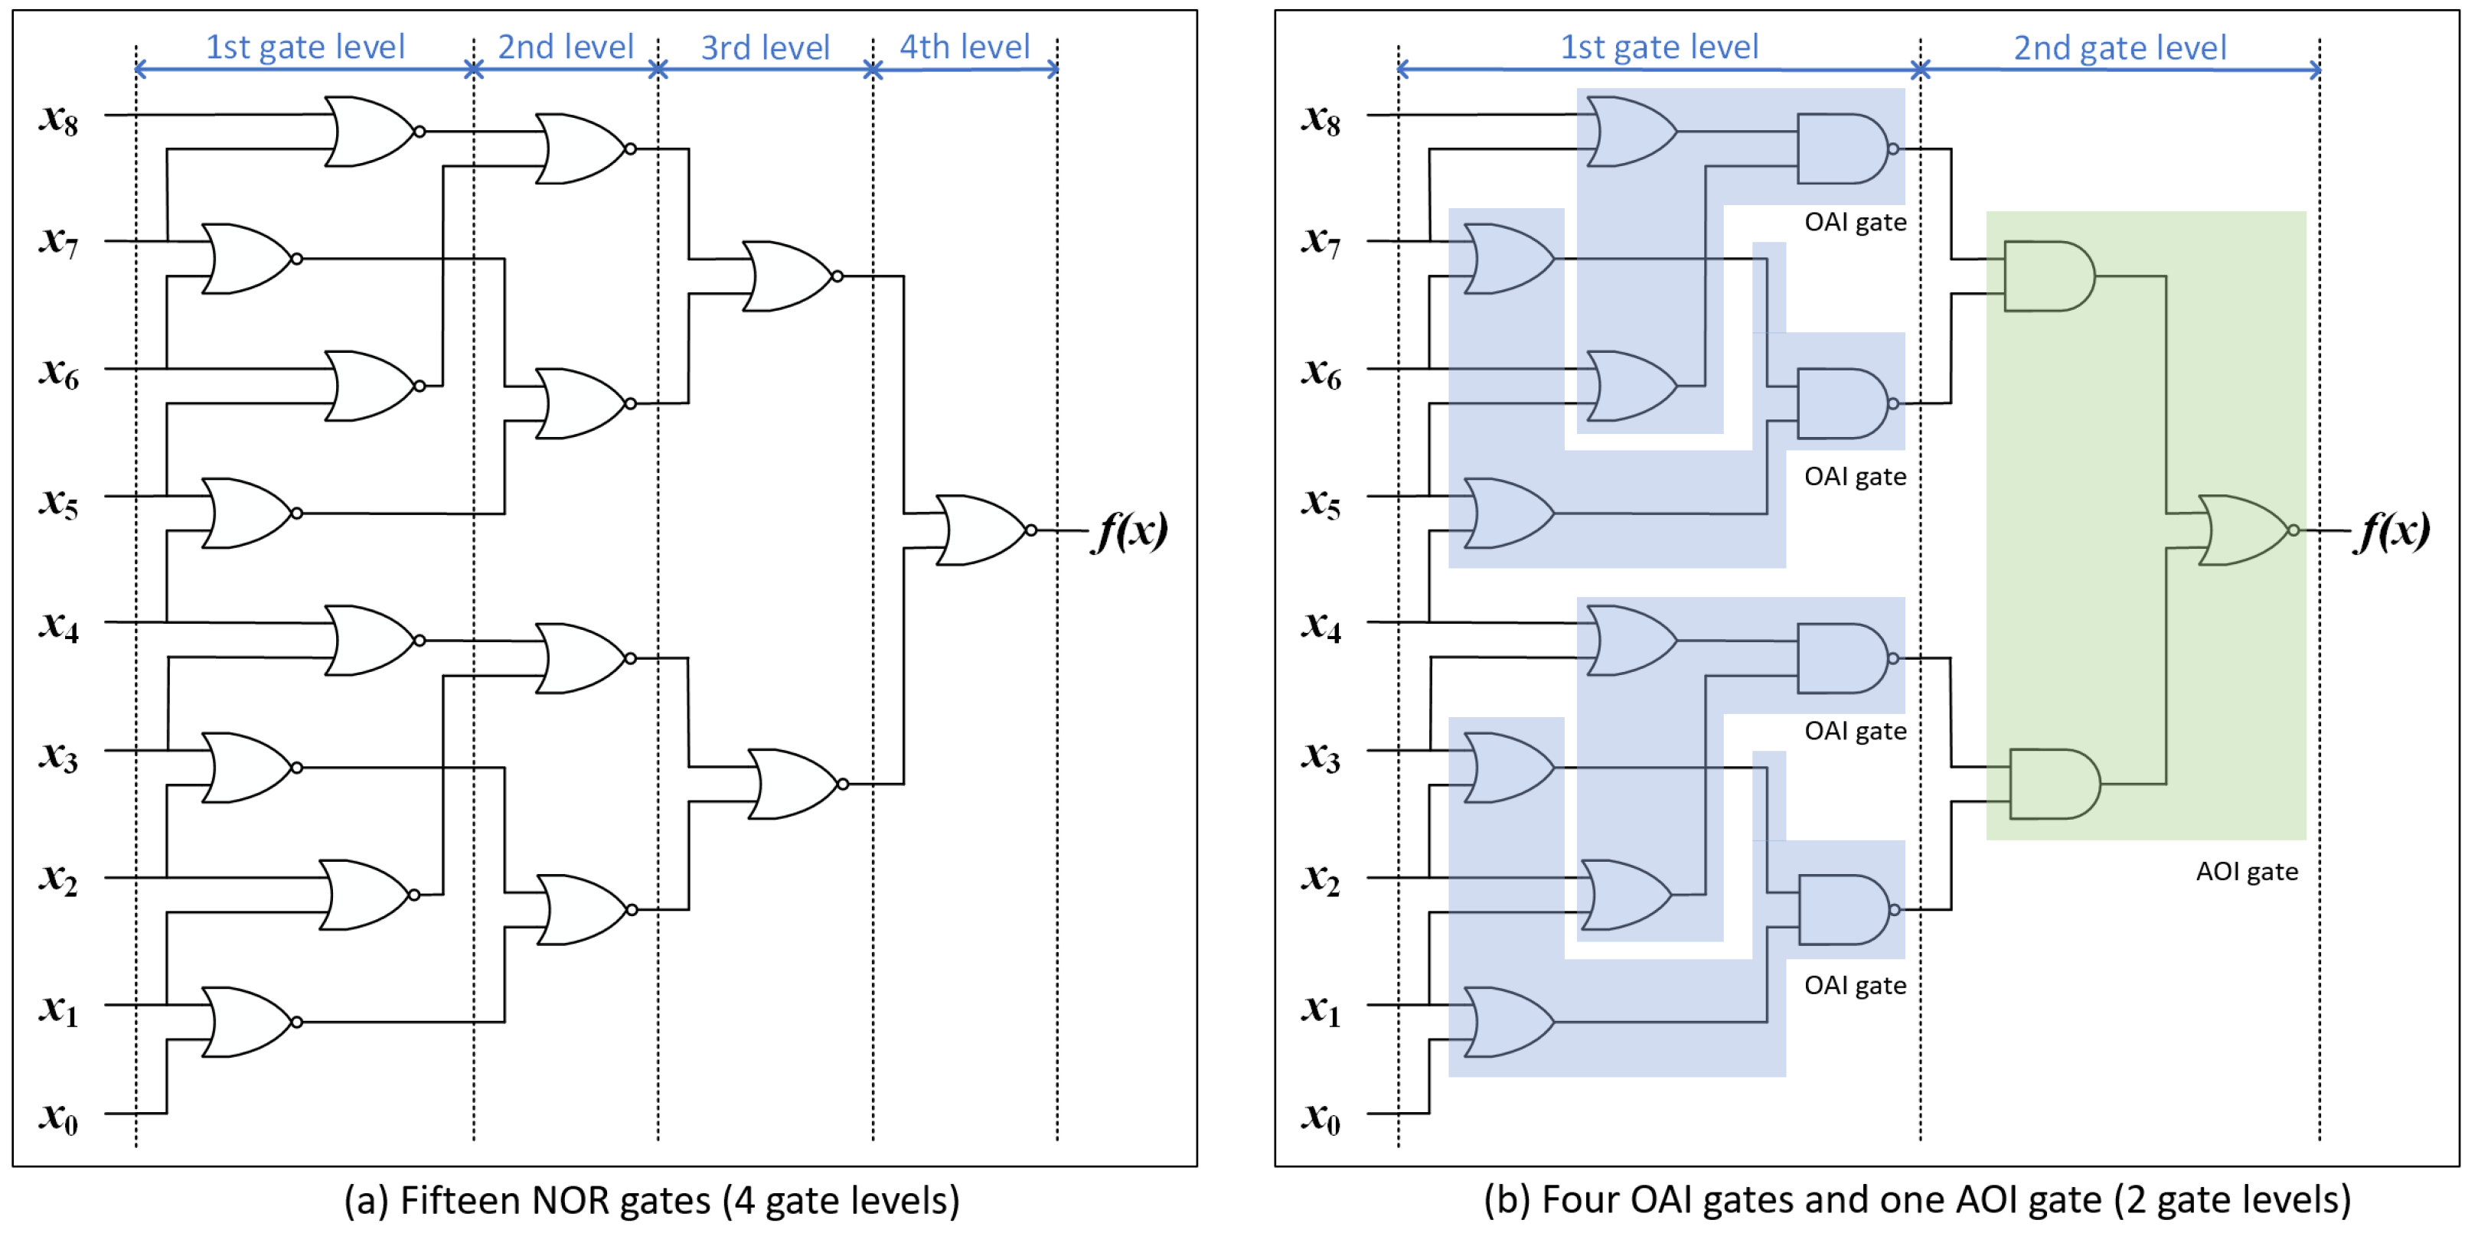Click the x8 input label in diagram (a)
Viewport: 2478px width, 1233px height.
(57, 119)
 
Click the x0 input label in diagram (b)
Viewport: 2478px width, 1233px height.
(1321, 1117)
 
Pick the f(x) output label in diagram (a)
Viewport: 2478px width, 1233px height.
(1131, 530)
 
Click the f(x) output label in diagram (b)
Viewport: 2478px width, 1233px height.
(2393, 530)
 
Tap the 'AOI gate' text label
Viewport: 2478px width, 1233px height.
(2246, 872)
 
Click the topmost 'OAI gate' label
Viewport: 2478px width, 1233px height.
(1855, 222)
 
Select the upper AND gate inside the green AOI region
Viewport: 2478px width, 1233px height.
(2048, 276)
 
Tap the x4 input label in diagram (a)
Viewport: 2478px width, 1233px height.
(57, 626)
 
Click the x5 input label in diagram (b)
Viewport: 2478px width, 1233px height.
(1321, 502)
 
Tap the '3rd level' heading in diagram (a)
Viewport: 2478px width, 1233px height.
(765, 47)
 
